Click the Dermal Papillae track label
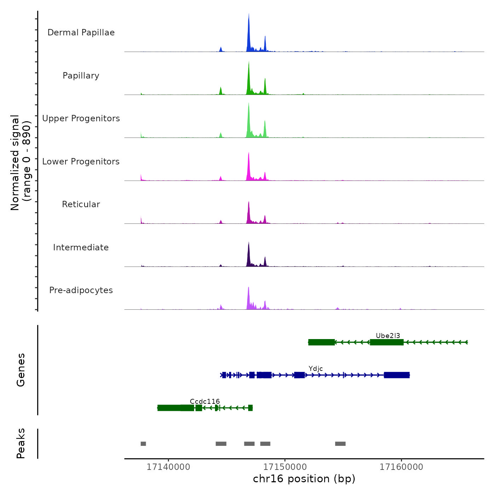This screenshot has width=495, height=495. point(81,33)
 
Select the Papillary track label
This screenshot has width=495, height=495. point(81,76)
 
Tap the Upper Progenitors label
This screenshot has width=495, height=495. point(81,118)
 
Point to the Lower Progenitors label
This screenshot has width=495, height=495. point(81,162)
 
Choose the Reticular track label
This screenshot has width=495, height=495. point(81,204)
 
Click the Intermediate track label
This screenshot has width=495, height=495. point(81,248)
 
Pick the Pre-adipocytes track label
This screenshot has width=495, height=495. point(81,290)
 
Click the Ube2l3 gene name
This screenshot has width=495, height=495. point(388,336)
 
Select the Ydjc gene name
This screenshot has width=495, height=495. point(316,369)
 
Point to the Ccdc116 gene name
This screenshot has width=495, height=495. point(205,401)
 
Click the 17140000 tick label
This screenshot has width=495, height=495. point(168,467)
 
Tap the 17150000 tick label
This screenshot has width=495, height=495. point(285,467)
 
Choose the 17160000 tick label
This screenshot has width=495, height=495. point(401,467)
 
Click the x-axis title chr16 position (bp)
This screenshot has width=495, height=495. point(304,479)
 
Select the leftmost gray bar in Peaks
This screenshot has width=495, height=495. point(143,444)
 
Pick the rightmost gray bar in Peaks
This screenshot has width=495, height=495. point(340,444)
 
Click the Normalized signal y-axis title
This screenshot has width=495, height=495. point(21,163)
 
